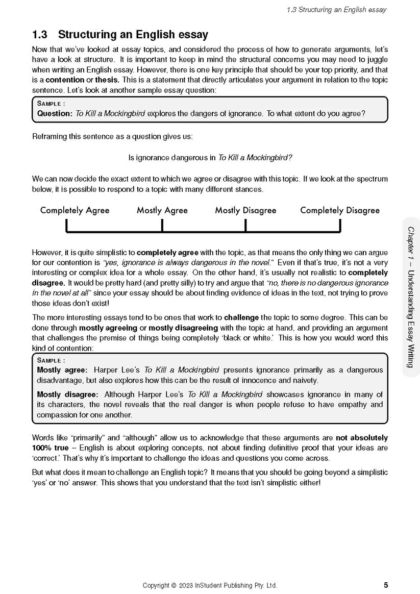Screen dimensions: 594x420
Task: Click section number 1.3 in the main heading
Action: [x=40, y=35]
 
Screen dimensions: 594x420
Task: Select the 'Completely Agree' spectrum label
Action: [x=75, y=210]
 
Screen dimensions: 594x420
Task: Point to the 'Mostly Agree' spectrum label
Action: [x=162, y=210]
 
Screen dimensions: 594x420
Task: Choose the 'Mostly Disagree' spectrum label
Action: [x=245, y=210]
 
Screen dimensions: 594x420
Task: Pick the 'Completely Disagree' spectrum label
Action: [x=339, y=210]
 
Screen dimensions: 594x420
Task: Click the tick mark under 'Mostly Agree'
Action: [x=162, y=225]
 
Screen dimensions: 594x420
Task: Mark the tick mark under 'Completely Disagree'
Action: [x=340, y=225]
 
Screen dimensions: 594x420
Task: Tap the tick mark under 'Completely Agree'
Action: [x=67, y=225]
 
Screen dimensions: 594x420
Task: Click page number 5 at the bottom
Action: [x=385, y=585]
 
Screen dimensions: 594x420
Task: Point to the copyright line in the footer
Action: [x=210, y=585]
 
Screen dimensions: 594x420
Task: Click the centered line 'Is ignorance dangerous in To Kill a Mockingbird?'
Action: [x=210, y=158]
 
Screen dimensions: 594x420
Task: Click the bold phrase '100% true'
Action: [x=50, y=448]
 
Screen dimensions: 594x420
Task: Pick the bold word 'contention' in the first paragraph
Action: [x=64, y=80]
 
